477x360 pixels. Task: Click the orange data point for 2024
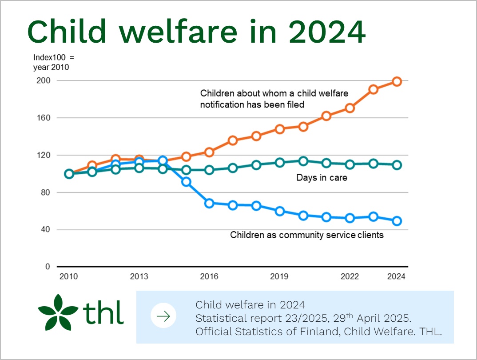396,81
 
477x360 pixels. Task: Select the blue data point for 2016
209,203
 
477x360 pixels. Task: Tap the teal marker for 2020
303,161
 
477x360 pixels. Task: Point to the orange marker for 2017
233,140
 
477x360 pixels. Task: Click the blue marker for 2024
396,221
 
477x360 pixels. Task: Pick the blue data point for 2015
186,182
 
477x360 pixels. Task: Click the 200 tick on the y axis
44,80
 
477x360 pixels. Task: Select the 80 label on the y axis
46,192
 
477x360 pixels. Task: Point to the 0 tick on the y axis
48,267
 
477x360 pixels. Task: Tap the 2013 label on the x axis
139,276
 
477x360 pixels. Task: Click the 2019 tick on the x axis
279,276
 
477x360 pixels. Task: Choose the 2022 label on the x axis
350,276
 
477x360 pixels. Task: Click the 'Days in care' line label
322,177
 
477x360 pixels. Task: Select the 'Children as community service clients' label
306,235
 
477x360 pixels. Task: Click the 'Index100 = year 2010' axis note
54,62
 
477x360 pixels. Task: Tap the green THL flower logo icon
58,312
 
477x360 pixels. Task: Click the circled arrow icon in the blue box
163,316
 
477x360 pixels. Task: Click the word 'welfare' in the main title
178,32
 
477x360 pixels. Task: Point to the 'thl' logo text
103,312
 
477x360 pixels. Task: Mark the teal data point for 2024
396,165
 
